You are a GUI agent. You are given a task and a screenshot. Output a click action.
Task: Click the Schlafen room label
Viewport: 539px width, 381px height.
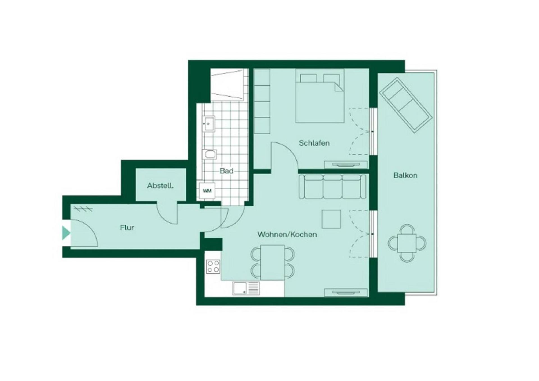coord(314,143)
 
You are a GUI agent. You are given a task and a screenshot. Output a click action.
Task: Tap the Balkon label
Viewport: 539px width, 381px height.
coord(405,175)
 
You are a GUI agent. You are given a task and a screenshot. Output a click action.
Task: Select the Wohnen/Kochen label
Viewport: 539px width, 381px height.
coord(287,234)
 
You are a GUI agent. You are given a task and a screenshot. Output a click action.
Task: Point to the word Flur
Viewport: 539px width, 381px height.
coord(127,228)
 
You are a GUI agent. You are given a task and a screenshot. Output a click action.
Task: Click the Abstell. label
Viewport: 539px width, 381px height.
coord(160,186)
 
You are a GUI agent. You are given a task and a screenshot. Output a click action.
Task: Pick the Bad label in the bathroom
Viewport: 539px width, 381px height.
coord(226,171)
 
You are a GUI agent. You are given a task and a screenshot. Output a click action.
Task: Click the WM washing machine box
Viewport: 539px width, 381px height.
coord(207,191)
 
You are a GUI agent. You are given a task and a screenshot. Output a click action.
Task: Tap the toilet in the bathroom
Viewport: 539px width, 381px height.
coord(209,154)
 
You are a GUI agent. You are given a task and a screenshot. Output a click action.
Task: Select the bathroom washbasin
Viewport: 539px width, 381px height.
coord(209,124)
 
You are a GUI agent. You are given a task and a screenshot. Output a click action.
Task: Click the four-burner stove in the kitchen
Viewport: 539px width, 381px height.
coord(213,267)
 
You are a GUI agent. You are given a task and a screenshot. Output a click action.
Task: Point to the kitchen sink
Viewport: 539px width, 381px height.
coord(246,289)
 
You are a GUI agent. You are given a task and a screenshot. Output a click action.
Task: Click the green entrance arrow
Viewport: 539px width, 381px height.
coord(66,233)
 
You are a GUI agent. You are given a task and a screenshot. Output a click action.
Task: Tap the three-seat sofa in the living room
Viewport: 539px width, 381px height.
coord(332,186)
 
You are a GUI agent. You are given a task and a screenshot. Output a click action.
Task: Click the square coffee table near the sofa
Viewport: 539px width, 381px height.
coord(331,219)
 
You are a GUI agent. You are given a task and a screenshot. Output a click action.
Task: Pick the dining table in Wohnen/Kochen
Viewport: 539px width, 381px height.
coord(273,262)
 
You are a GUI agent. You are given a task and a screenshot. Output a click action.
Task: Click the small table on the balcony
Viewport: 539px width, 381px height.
coord(407,243)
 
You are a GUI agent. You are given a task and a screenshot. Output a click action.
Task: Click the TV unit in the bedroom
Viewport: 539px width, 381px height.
coord(346,165)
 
